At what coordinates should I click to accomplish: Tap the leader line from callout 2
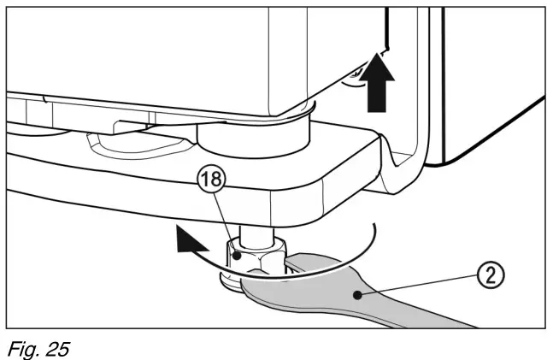point(419,286)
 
